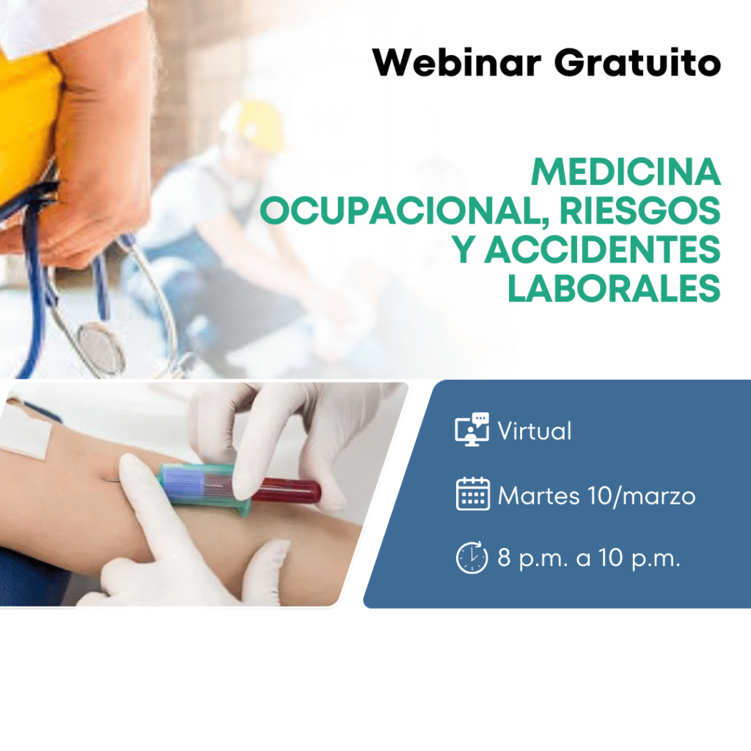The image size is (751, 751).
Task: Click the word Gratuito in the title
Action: pos(637,62)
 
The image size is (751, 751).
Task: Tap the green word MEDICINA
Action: pos(626,172)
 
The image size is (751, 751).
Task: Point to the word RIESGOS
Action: pos(640,210)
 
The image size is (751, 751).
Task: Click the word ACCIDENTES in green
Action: pos(602,249)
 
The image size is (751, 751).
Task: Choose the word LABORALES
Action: pos(614,288)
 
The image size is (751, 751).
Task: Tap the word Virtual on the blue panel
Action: pos(535,431)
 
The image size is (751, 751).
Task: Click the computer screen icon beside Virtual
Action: pos(472,429)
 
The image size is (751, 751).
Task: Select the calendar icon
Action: pos(473,494)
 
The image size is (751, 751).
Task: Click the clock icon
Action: pos(472,557)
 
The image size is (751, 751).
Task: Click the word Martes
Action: pos(539,496)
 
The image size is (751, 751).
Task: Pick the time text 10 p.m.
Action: pos(640,558)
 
